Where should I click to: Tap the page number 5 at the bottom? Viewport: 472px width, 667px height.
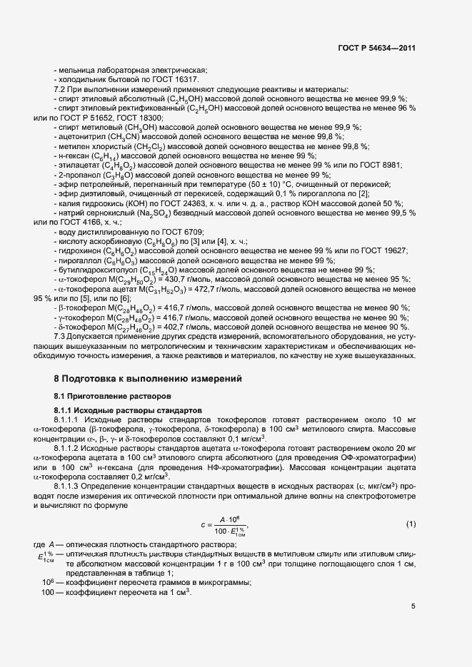click(x=413, y=607)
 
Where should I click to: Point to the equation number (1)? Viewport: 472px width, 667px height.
click(x=411, y=505)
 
